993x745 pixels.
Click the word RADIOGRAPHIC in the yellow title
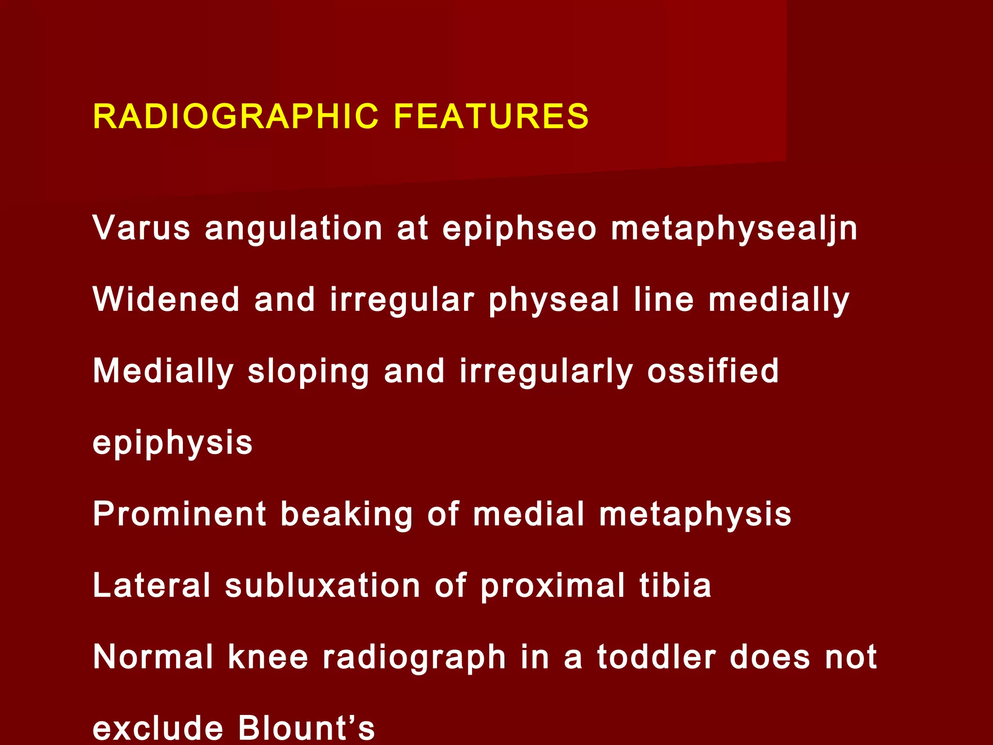point(236,117)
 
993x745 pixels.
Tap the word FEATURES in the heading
point(491,117)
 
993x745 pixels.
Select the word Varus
point(142,227)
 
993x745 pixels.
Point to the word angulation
point(294,228)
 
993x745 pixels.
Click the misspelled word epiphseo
point(519,228)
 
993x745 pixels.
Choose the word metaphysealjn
point(734,228)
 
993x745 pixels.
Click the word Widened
point(166,299)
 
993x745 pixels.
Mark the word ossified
point(713,371)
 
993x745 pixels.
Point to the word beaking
point(347,515)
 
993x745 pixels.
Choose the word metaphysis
point(695,515)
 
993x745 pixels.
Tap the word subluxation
point(322,585)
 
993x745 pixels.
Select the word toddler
point(657,657)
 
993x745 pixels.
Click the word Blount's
point(306,728)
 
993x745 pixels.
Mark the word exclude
point(158,728)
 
